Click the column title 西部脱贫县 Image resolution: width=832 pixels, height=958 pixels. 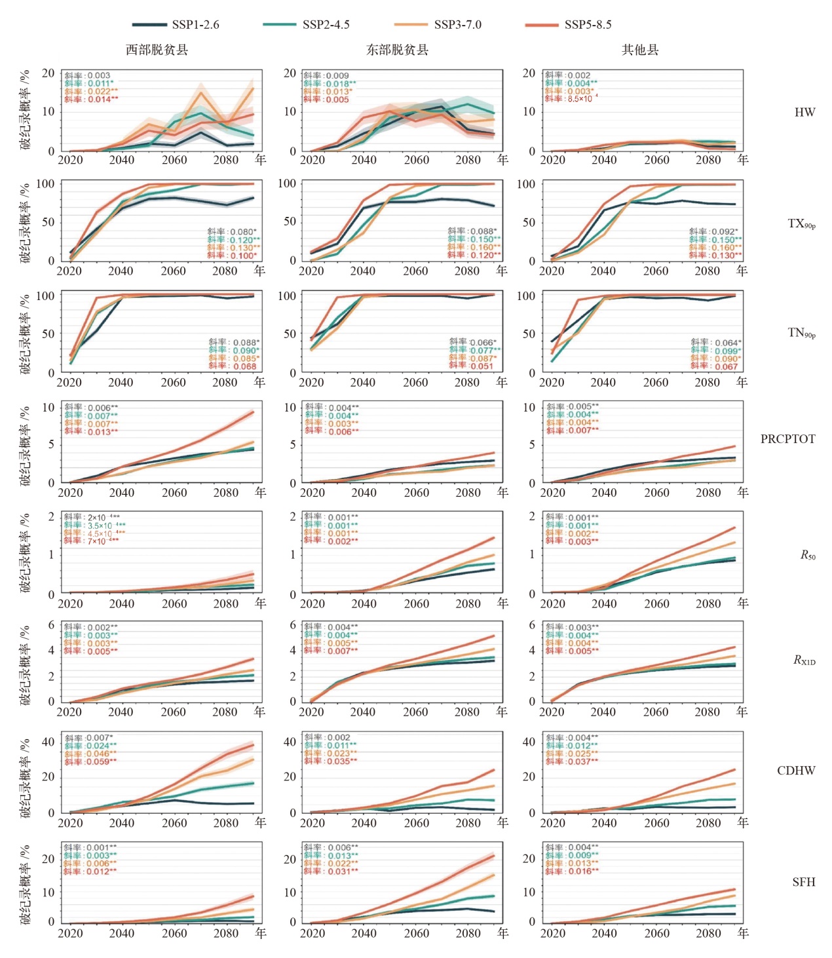coord(157,50)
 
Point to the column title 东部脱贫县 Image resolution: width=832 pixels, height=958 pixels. coord(397,50)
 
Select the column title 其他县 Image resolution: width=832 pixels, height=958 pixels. coord(639,50)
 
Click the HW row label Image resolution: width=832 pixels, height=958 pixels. coord(804,112)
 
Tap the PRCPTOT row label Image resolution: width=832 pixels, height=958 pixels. coord(787,439)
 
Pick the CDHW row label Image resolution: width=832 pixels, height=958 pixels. coord(796,771)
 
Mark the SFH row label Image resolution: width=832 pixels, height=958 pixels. coord(803,882)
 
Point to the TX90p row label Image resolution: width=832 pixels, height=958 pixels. coord(801,224)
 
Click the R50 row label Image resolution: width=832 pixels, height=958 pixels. coord(808,556)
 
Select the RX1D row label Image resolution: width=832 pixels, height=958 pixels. coord(804,661)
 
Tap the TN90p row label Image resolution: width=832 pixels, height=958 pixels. coord(801,334)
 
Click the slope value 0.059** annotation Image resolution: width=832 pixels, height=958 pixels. coord(101,761)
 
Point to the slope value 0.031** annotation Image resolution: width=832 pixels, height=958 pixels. coord(342,872)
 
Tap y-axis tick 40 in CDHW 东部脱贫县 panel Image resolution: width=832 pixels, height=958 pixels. coord(290,742)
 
